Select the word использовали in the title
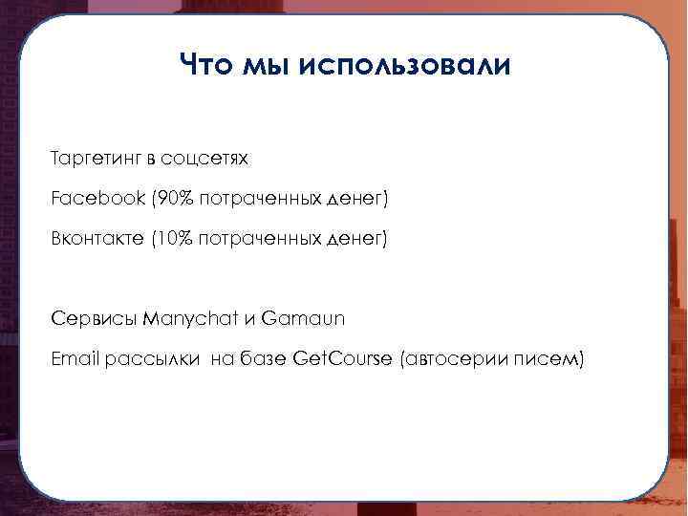[x=405, y=66]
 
